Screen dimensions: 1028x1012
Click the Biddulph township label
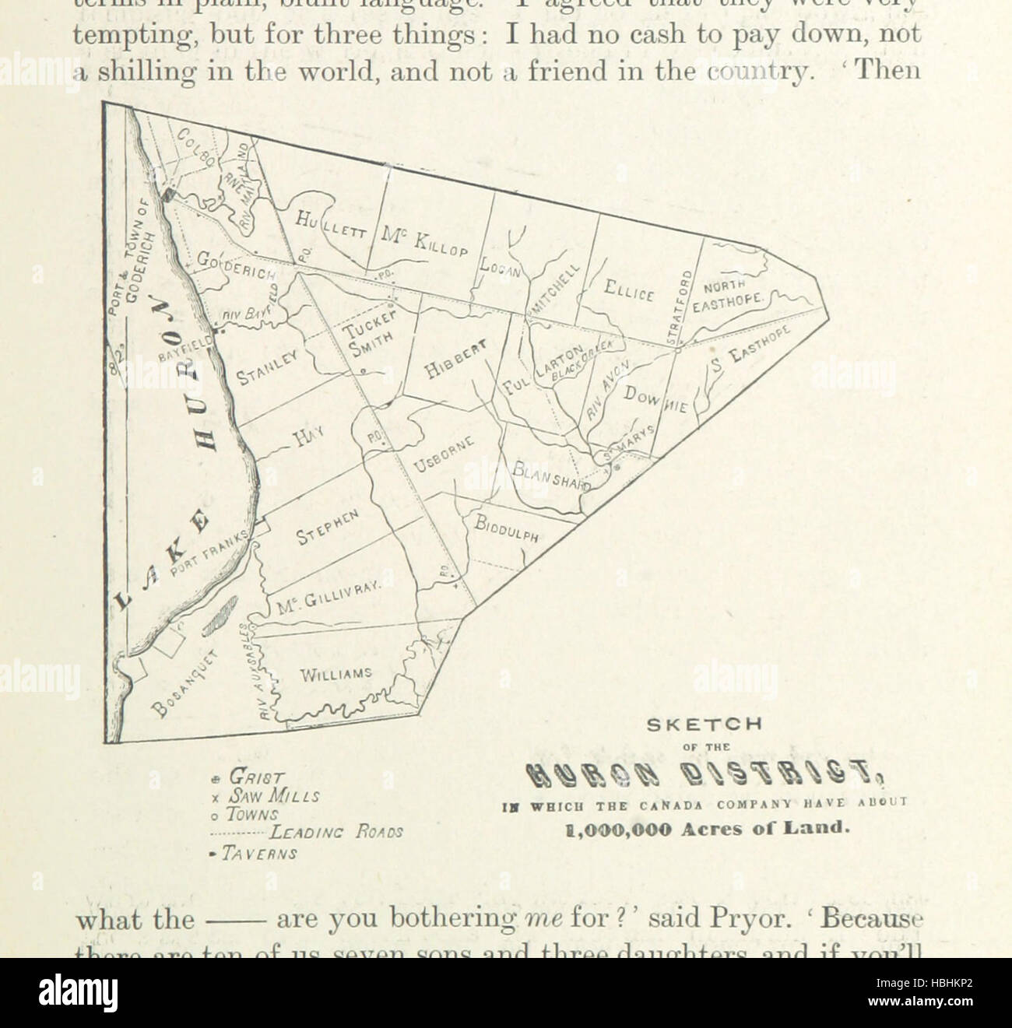[x=507, y=530]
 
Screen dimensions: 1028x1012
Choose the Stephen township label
[x=327, y=528]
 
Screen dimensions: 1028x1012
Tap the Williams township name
[x=336, y=674]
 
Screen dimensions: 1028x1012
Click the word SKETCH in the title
[x=705, y=724]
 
